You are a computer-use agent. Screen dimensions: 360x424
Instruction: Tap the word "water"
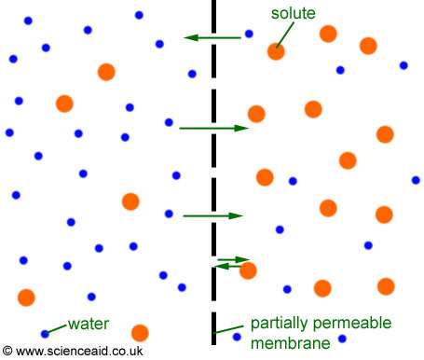point(89,325)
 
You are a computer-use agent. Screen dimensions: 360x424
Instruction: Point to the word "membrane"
point(291,345)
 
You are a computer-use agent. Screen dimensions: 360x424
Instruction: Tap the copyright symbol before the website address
point(8,352)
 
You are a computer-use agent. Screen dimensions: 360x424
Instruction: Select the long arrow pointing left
point(212,37)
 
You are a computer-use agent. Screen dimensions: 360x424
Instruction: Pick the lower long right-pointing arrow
point(212,215)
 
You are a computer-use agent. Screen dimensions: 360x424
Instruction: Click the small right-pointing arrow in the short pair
point(234,258)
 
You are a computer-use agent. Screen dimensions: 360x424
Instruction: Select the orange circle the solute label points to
point(276,51)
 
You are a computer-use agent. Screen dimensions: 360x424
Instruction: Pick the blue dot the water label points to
point(45,333)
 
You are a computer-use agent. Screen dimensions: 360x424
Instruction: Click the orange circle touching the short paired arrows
point(248,270)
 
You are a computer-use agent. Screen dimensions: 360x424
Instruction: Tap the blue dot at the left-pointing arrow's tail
point(249,35)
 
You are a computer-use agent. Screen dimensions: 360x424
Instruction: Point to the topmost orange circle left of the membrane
point(106,71)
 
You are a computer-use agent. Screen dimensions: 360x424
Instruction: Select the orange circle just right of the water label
point(140,332)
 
